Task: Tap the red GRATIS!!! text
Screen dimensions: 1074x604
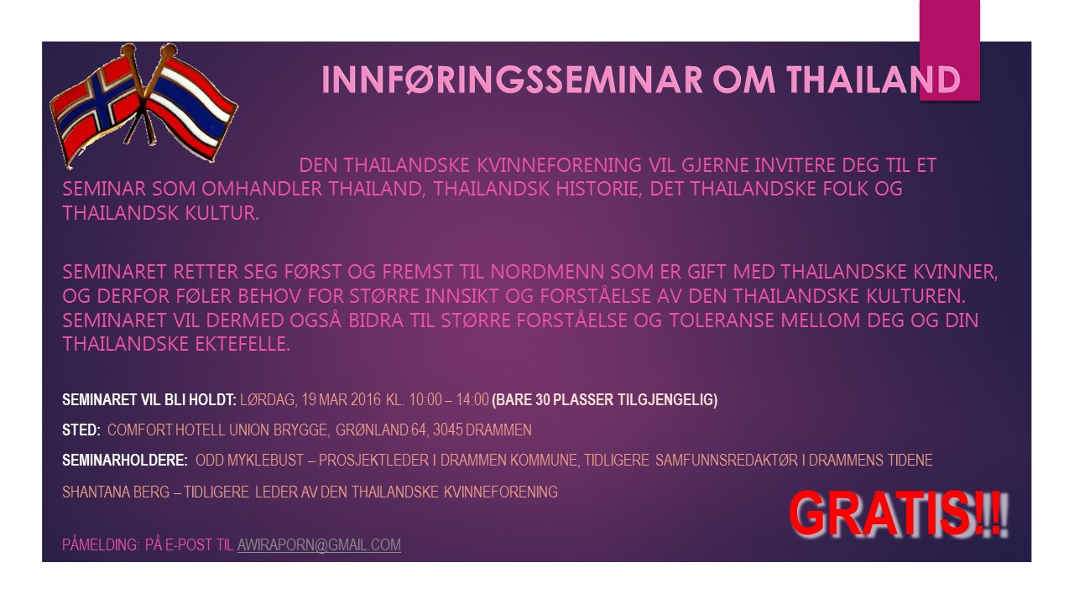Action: [x=899, y=514]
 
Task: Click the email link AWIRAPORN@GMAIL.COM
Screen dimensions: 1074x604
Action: [x=319, y=545]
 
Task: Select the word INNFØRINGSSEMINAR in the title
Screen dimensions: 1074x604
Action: [x=512, y=80]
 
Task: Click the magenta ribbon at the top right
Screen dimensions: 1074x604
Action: [x=949, y=49]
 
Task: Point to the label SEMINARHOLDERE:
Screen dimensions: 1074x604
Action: [x=125, y=461]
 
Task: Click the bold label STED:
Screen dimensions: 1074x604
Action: [x=81, y=430]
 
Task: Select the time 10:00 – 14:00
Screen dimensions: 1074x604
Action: [x=449, y=400]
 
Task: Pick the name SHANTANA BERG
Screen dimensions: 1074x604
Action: [x=116, y=492]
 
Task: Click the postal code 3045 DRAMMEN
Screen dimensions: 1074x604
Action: [x=482, y=430]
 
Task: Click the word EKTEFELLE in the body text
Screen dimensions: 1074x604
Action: [x=242, y=344]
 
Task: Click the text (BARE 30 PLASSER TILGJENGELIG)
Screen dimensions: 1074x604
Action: [x=605, y=400]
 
